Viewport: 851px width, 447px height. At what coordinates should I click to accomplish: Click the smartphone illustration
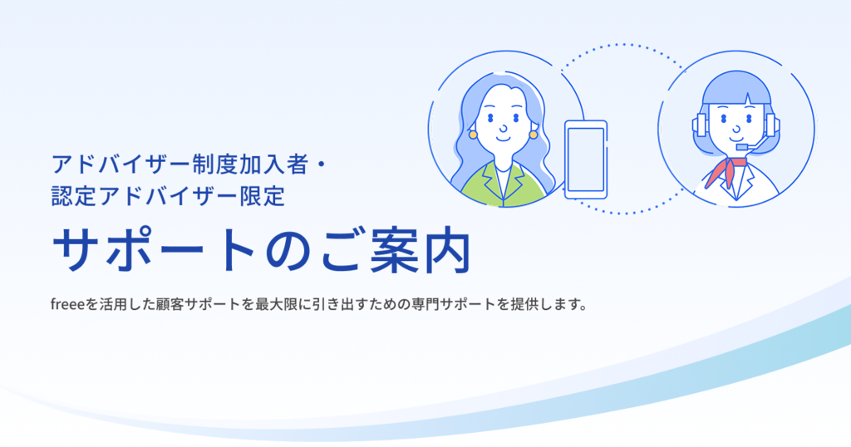pyautogui.click(x=586, y=160)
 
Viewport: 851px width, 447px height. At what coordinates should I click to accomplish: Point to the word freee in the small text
pyautogui.click(x=67, y=304)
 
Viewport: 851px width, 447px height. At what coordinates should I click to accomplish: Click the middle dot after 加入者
pyautogui.click(x=321, y=165)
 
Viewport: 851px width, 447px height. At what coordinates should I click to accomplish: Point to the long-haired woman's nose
pyautogui.click(x=503, y=127)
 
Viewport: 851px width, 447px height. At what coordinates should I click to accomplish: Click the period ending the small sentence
pyautogui.click(x=583, y=308)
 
